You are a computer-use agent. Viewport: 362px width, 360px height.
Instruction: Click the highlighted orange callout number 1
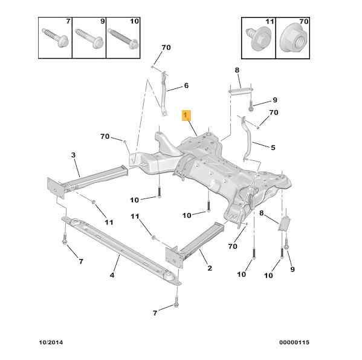pos(186,116)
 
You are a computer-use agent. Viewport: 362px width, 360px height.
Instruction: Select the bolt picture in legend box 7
pos(55,38)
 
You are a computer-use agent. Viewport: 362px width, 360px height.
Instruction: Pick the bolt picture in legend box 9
pos(89,38)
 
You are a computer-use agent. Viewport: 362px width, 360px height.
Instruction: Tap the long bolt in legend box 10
pos(123,39)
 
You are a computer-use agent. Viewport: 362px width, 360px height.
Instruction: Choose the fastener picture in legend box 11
pos(259,38)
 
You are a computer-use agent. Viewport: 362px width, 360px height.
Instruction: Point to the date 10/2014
pos(51,342)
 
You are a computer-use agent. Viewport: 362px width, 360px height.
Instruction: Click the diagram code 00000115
pos(294,342)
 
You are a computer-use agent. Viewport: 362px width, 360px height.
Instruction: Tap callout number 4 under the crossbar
pos(112,275)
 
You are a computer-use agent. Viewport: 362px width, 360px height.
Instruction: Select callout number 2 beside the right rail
pos(210,268)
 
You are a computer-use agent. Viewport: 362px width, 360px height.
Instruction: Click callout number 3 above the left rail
pos(73,155)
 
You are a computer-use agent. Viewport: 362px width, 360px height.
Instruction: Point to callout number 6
pos(186,85)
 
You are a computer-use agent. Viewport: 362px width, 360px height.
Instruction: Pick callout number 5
pos(273,148)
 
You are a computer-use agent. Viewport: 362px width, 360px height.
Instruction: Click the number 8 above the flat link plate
pos(237,70)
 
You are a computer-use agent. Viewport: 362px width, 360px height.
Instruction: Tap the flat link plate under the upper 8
pos(241,91)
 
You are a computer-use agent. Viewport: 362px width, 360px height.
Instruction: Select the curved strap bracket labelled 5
pos(248,139)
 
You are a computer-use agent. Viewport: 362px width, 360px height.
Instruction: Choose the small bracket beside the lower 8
pos(284,224)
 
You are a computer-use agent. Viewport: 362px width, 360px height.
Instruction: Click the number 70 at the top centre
pos(166,48)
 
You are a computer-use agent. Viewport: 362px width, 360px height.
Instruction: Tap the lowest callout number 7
pos(155,313)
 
